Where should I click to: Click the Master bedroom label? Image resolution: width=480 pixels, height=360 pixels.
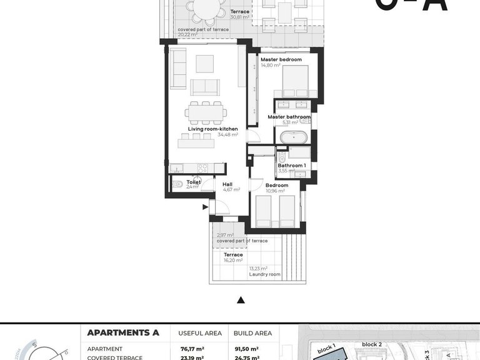point(281,59)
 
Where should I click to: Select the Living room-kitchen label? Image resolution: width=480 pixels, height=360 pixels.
point(204,129)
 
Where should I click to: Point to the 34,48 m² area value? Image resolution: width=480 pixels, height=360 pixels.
point(227,134)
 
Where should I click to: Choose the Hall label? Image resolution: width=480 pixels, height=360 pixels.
point(227,184)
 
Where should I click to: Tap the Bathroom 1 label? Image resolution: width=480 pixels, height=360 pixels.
point(292,165)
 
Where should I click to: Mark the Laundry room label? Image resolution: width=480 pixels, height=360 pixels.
point(264,274)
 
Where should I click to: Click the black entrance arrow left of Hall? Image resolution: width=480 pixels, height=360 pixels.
point(204,207)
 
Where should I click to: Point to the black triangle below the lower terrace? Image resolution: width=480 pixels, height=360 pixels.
point(240,301)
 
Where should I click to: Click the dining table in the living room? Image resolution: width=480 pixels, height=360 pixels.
point(206,113)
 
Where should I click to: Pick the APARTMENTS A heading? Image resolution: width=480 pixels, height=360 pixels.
point(123,332)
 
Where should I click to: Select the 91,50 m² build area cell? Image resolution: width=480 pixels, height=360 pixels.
point(246,349)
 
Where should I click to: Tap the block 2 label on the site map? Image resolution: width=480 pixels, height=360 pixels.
point(371,344)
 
